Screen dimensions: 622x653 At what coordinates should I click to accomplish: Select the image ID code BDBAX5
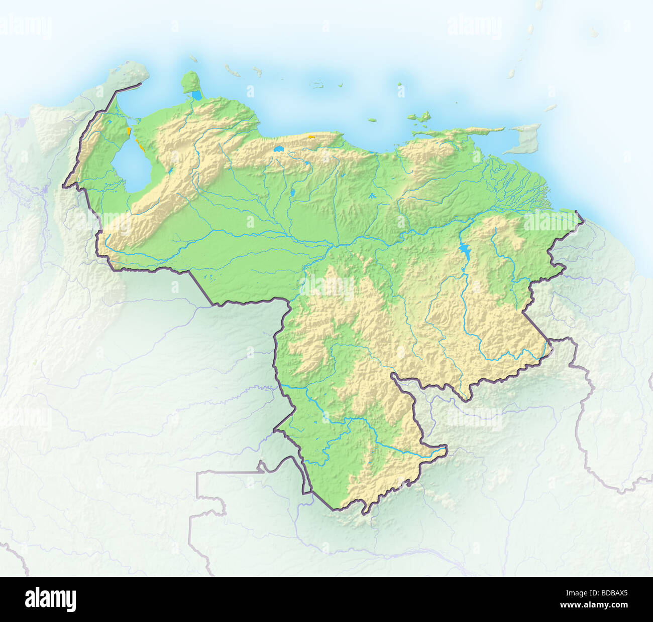click(x=604, y=592)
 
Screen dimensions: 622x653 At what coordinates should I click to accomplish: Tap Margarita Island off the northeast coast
click(x=418, y=118)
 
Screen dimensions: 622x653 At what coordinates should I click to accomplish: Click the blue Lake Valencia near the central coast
click(x=278, y=148)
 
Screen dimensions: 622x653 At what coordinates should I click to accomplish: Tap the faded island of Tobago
click(x=551, y=108)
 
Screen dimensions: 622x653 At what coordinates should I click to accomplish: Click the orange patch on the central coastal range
click(x=312, y=135)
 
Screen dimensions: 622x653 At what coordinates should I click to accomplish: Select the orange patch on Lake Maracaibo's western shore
click(x=129, y=131)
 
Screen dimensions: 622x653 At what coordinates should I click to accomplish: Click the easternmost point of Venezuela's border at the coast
click(x=577, y=213)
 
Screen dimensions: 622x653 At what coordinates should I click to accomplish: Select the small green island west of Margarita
click(x=372, y=120)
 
